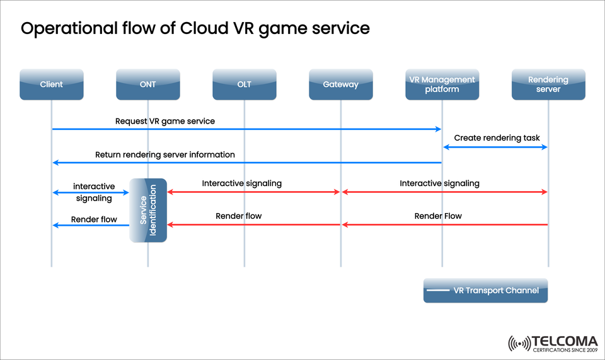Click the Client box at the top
[x=51, y=84]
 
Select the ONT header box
[x=147, y=84]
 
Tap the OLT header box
[x=244, y=84]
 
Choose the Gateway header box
[x=340, y=84]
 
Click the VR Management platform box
[x=442, y=84]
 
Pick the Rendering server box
[x=548, y=84]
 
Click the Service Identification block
[x=148, y=210]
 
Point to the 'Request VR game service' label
[x=165, y=120]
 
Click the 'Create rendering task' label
[x=497, y=137]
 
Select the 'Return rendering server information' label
[x=165, y=154]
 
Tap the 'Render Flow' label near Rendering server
[x=438, y=216]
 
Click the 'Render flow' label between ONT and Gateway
[x=238, y=216]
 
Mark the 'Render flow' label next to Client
[x=94, y=219]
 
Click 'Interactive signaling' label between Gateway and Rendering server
[x=439, y=183]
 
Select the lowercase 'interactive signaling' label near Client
[x=94, y=192]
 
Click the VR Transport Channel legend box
[x=485, y=291]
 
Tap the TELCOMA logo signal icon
[x=519, y=344]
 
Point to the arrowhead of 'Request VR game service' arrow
[x=439, y=129]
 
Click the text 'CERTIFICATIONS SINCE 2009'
[x=565, y=350]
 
